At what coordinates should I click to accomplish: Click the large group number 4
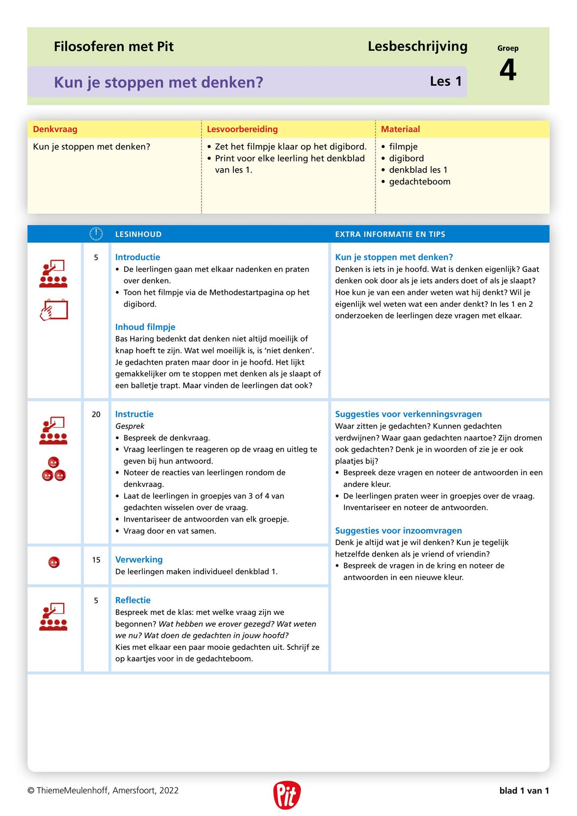pyautogui.click(x=507, y=70)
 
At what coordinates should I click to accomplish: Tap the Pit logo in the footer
pyautogui.click(x=287, y=795)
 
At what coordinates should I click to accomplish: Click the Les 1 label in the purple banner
pyautogui.click(x=446, y=81)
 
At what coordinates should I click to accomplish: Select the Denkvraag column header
pyautogui.click(x=55, y=129)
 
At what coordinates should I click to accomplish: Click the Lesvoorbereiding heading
pyautogui.click(x=242, y=129)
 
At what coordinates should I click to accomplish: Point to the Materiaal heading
pyautogui.click(x=400, y=129)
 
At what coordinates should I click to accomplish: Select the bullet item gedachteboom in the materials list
pyautogui.click(x=419, y=182)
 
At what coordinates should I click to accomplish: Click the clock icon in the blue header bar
pyautogui.click(x=96, y=234)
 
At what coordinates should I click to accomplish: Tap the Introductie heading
pyautogui.click(x=137, y=257)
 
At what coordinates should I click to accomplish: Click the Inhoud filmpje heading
pyautogui.click(x=145, y=327)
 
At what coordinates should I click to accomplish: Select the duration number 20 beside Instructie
pyautogui.click(x=96, y=414)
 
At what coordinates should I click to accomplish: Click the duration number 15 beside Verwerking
pyautogui.click(x=96, y=560)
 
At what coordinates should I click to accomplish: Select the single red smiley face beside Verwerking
pyautogui.click(x=54, y=562)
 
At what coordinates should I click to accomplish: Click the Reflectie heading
pyautogui.click(x=133, y=600)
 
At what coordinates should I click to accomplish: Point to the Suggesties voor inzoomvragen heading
pyautogui.click(x=398, y=530)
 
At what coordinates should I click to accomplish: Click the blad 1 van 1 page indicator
pyautogui.click(x=524, y=790)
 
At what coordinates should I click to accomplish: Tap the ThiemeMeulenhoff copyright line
pyautogui.click(x=103, y=790)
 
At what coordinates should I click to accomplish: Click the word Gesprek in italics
pyautogui.click(x=129, y=426)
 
